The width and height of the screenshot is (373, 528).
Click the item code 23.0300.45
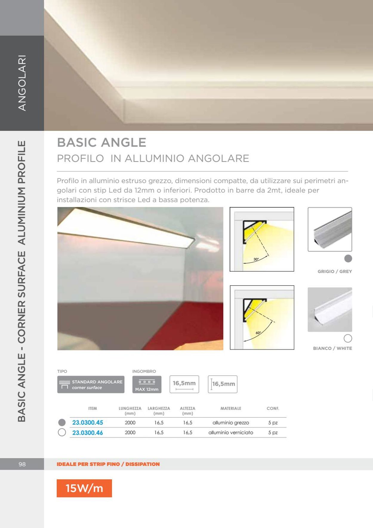(87, 423)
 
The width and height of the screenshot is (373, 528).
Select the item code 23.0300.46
(87, 433)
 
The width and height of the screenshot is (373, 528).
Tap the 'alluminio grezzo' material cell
(231, 423)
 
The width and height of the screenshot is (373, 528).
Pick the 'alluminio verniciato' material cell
(231, 432)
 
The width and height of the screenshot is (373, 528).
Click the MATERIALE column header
(231, 408)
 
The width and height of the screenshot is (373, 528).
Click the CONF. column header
(273, 408)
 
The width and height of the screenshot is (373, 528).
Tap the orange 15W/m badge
(84, 488)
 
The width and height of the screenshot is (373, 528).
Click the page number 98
(22, 464)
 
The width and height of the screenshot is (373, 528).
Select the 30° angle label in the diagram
(256, 259)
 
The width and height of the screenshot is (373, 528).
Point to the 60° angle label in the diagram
(258, 333)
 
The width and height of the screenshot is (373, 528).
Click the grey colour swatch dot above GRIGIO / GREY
(348, 258)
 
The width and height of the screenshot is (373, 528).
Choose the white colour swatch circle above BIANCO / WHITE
(348, 338)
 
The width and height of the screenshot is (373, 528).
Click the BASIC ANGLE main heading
(101, 143)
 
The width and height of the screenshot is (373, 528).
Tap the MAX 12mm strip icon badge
(147, 384)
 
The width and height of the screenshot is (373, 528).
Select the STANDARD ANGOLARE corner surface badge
(91, 384)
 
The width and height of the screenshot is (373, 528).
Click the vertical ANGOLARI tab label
(22, 83)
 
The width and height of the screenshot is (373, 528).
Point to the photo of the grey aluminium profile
(330, 229)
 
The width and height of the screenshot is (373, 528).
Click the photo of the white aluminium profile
(330, 310)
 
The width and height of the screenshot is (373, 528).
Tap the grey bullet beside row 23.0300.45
(62, 423)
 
